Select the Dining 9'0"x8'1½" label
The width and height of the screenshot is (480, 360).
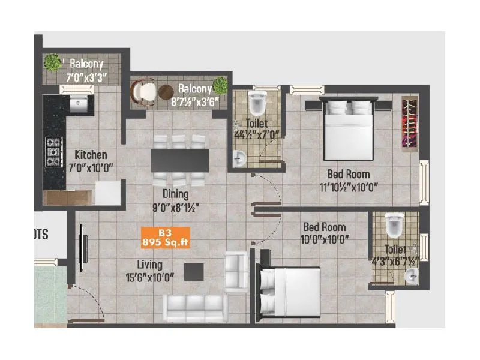tap(176, 201)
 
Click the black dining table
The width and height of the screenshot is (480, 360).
tap(180, 160)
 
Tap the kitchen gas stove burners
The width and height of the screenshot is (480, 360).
tap(54, 152)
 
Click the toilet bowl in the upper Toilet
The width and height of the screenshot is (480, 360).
tap(257, 104)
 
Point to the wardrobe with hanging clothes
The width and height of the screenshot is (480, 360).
tap(410, 124)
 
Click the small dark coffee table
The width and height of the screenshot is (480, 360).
tap(194, 272)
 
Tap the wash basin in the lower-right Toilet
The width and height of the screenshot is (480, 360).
tap(410, 277)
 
